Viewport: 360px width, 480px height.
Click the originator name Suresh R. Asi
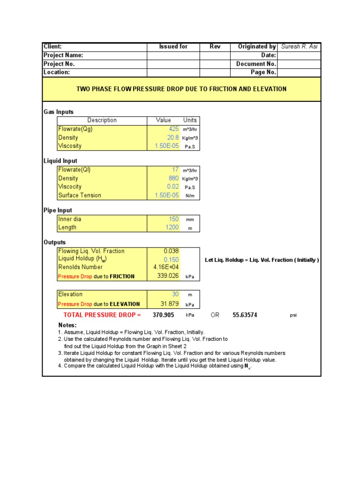(x=299, y=46)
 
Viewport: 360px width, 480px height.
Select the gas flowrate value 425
(x=173, y=129)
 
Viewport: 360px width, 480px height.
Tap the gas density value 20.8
(x=172, y=137)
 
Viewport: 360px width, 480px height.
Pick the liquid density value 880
(x=173, y=178)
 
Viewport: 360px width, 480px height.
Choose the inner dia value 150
(x=173, y=219)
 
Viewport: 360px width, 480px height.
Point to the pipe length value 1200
(x=172, y=227)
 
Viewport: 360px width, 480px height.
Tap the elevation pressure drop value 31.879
(x=169, y=304)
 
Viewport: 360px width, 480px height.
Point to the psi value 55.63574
(x=245, y=315)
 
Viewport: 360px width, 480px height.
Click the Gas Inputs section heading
(x=59, y=112)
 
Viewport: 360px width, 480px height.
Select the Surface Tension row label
(x=80, y=195)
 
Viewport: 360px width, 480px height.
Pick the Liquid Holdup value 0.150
(x=171, y=259)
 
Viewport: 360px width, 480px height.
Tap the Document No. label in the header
(x=256, y=64)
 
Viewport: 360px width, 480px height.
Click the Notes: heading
(x=67, y=325)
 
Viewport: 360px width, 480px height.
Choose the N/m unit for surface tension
(x=190, y=196)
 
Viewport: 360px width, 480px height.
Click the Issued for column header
(x=173, y=46)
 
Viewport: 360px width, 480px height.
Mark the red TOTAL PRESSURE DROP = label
(x=102, y=315)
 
